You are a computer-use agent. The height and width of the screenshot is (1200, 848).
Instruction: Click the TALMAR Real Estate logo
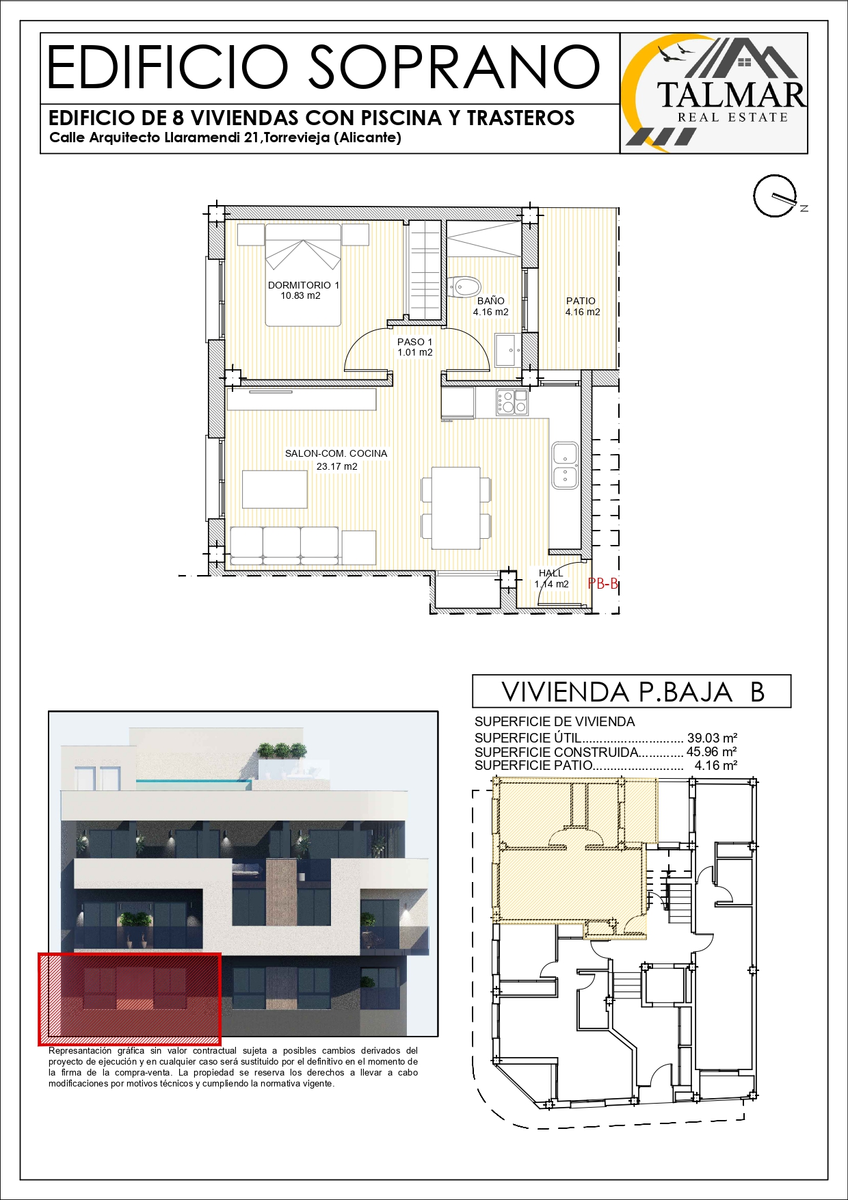point(714,93)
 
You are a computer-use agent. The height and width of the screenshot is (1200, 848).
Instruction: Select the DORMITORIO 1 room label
point(304,290)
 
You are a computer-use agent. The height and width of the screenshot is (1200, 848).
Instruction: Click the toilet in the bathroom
point(465,286)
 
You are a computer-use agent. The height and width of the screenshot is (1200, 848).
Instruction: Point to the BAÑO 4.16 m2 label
point(491,306)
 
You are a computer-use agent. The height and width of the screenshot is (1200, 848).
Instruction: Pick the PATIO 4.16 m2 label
point(582,306)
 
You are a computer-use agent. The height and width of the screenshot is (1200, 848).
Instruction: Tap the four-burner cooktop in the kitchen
point(512,402)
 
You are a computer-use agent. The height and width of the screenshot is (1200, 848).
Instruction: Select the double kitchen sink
point(565,466)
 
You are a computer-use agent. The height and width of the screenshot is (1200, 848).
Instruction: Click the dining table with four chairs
point(456,507)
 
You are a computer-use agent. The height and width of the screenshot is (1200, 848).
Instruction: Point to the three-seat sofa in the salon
point(284,545)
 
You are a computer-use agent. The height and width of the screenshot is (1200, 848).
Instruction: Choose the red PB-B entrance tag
point(603,583)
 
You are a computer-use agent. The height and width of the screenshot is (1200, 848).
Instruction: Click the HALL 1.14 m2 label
point(551,578)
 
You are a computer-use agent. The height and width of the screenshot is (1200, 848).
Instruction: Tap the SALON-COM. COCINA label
point(336,459)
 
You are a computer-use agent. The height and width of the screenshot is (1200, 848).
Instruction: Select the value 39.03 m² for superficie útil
point(712,738)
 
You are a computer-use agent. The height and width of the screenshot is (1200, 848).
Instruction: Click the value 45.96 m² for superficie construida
point(712,752)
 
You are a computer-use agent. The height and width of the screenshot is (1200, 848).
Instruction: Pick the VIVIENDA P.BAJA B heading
point(633,692)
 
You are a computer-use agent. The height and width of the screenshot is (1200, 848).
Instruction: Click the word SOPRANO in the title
point(454,67)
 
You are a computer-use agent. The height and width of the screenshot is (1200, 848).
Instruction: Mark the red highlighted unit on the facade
point(129,999)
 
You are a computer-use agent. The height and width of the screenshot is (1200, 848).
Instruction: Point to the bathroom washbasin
point(507,350)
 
